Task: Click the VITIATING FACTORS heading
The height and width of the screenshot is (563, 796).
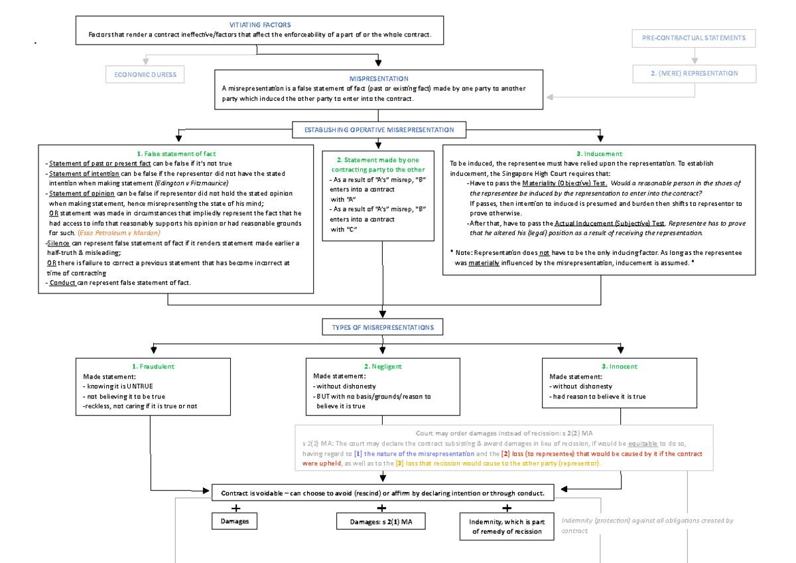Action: tap(259, 25)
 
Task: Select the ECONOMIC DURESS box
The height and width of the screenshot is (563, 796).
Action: tap(145, 74)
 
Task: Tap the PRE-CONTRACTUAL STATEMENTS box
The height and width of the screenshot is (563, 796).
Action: tap(694, 38)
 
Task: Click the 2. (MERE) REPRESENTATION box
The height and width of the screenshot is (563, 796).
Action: tap(694, 73)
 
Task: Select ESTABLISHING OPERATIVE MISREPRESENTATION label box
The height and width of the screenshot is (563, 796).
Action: tap(379, 129)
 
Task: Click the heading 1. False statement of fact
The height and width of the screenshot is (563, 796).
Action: tap(175, 153)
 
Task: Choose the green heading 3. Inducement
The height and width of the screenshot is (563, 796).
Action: tap(598, 153)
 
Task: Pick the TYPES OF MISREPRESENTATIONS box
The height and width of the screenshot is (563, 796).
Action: tap(379, 327)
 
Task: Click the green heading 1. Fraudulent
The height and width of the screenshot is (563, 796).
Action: tap(153, 366)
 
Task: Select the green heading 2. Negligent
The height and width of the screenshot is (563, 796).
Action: tap(383, 366)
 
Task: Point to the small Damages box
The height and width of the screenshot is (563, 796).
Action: tap(235, 521)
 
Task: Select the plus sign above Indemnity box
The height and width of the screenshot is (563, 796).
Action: tap(507, 508)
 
